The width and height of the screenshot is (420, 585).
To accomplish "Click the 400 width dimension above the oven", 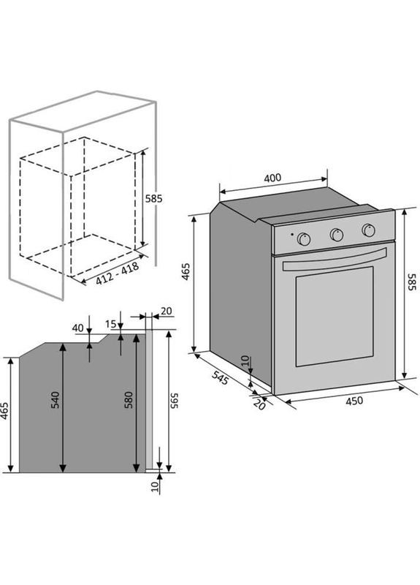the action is tap(272, 178).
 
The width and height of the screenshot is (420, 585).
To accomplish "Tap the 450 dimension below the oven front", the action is tap(354, 401).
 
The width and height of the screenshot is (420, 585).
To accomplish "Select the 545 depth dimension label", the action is tap(220, 378).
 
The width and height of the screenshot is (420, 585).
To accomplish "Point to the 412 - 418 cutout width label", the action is tap(118, 273).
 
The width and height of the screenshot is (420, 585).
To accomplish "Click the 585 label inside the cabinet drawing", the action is tap(153, 198).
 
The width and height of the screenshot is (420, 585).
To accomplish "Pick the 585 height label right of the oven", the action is tap(411, 282).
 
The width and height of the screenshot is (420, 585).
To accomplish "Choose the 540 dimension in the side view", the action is tap(55, 399).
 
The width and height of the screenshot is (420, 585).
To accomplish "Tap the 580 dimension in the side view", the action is tap(129, 399).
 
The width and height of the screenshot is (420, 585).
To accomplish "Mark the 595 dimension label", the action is tap(175, 400).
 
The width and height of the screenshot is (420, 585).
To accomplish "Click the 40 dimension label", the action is tap(77, 328).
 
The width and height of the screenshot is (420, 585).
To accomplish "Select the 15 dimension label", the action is tap(110, 324).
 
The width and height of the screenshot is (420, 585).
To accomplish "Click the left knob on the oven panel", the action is tap(304, 239).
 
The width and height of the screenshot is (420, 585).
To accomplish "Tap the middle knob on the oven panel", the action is tap(337, 235).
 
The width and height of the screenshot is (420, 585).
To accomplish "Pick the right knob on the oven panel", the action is tap(369, 230).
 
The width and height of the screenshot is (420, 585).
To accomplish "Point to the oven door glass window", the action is tap(335, 317).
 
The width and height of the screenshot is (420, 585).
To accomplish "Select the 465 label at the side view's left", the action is tap(4, 410).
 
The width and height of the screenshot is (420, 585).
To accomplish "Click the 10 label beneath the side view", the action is tap(155, 486).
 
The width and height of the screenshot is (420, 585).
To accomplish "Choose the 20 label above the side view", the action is tap(167, 311).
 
